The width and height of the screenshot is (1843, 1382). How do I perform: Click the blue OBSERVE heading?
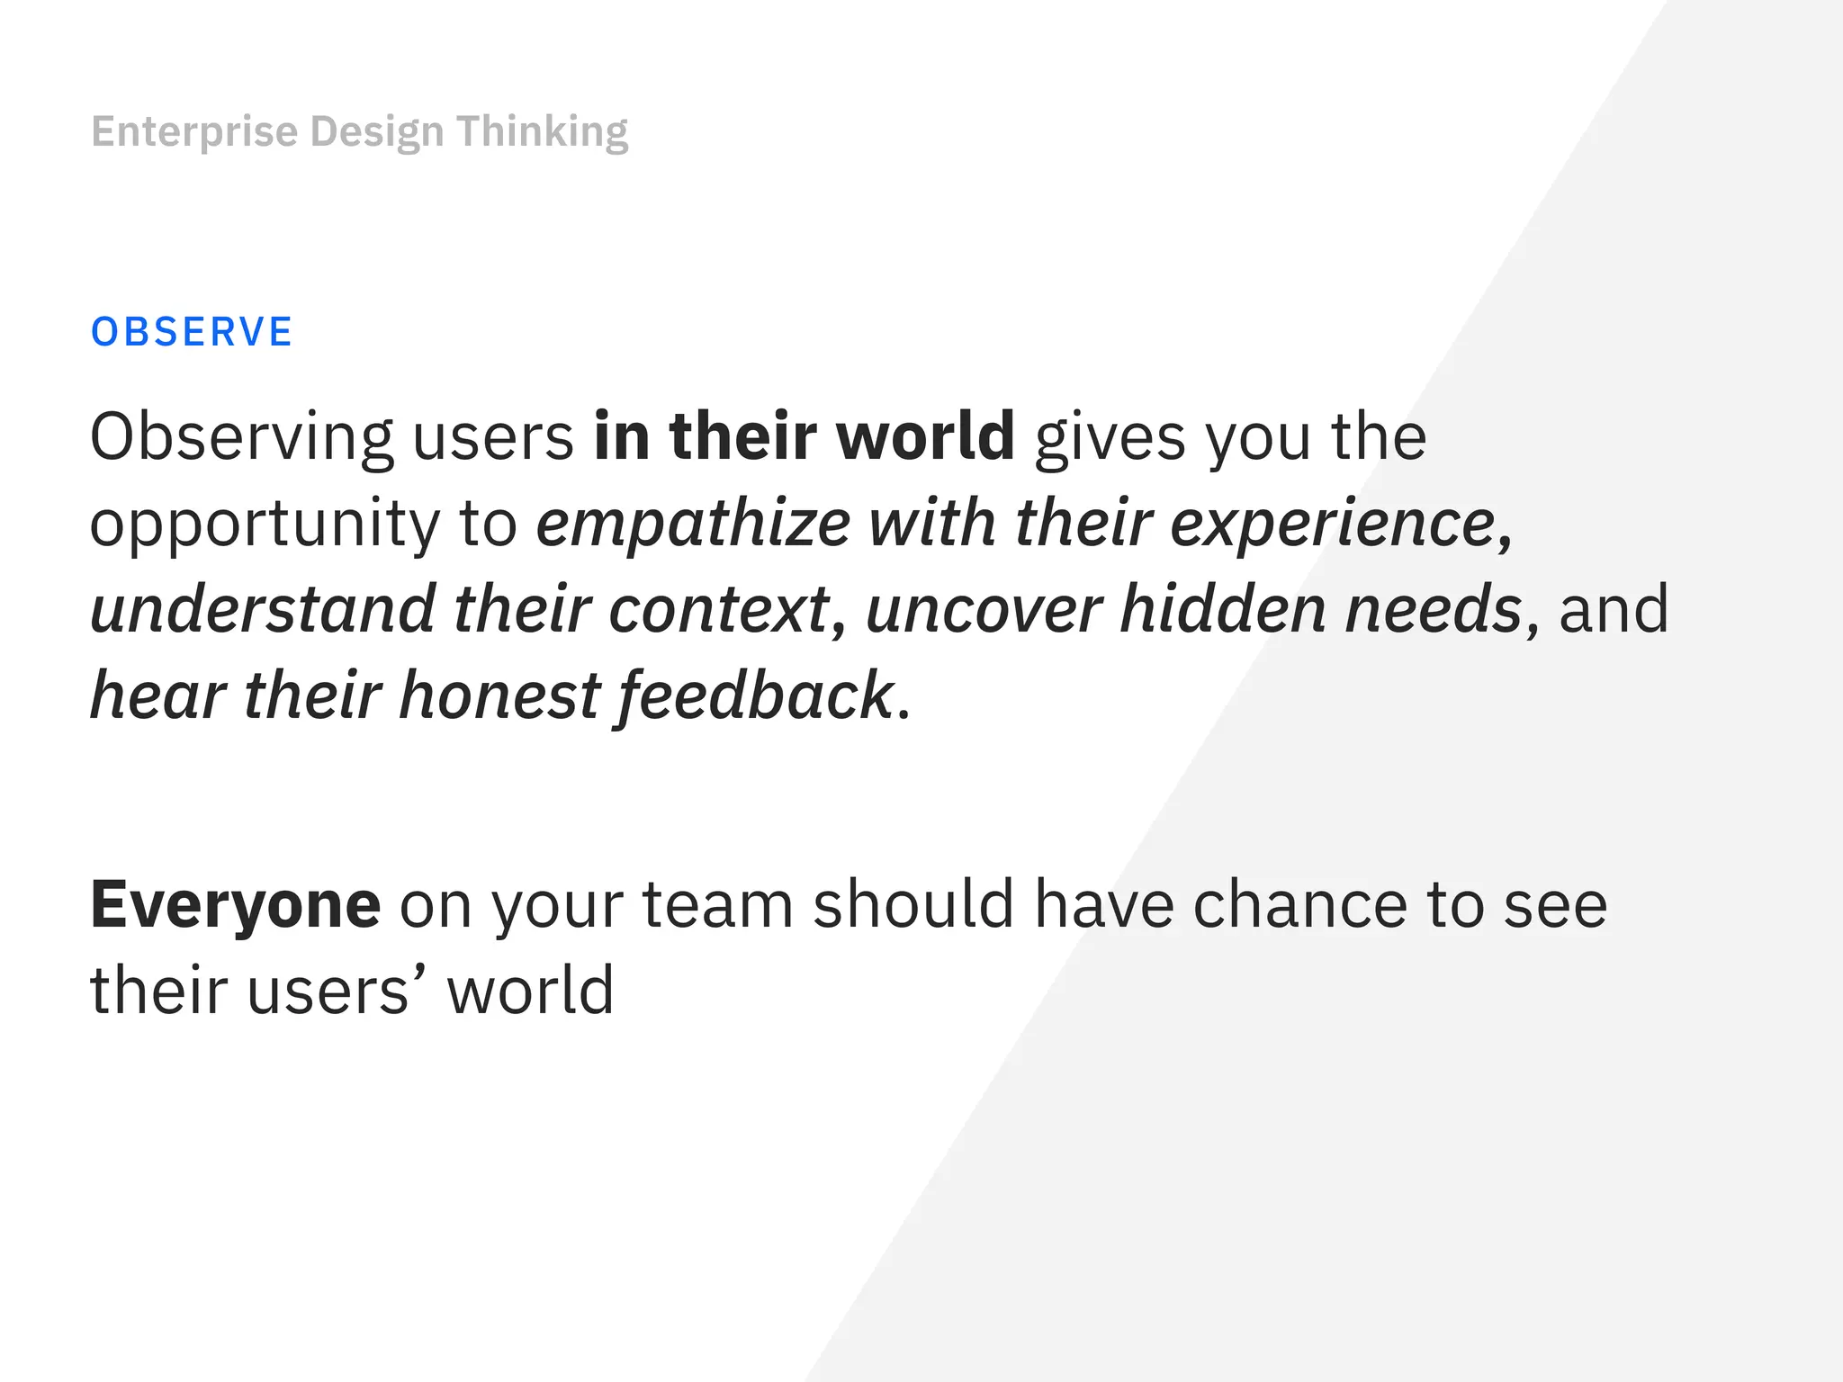pos(192,332)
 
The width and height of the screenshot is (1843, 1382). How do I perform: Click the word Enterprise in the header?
pos(194,132)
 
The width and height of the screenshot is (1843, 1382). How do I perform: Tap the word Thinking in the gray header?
pos(542,132)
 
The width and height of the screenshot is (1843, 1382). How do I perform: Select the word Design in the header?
pos(377,132)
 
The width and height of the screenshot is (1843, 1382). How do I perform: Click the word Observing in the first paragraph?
pos(241,438)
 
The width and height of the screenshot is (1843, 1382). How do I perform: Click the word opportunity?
pos(265,525)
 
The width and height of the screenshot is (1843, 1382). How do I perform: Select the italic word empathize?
pos(693,525)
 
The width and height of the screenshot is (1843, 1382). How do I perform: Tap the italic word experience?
pos(1333,525)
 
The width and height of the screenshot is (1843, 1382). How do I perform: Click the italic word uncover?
pos(983,610)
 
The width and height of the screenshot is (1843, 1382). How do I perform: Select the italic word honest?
pos(499,696)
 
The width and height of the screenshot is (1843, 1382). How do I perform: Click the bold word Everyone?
pos(236,906)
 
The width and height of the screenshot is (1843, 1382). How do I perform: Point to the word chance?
pos(1299,904)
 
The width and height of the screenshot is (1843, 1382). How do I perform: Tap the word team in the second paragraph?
pos(717,904)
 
